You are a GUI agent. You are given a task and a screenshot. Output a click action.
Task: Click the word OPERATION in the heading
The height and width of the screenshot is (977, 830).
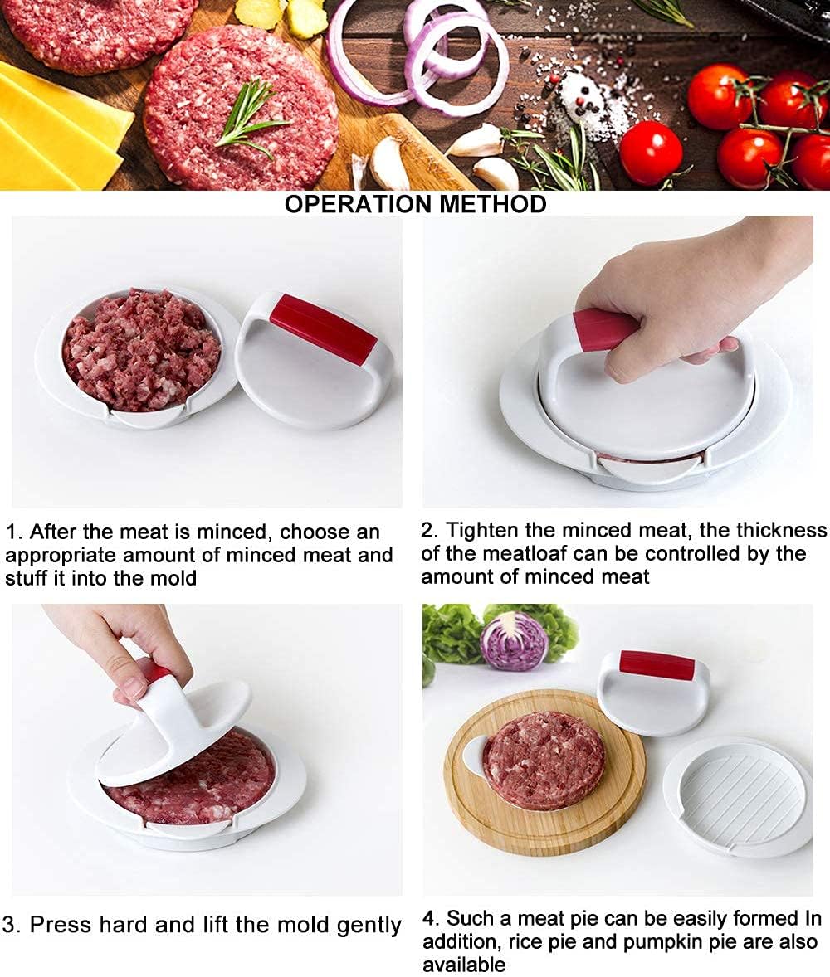359,204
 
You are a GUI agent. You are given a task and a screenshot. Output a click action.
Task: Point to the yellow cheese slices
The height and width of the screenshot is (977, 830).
56,128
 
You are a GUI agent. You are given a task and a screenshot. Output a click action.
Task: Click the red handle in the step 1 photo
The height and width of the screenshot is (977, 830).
323,328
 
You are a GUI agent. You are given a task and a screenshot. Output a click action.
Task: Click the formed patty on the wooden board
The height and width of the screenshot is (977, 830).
544,761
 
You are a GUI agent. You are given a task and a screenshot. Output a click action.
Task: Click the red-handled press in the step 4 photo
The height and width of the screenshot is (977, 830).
653,692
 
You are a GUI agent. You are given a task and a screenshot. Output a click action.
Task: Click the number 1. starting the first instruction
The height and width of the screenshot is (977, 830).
14,532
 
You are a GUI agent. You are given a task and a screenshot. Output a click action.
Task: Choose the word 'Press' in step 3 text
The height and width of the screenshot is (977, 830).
61,924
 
